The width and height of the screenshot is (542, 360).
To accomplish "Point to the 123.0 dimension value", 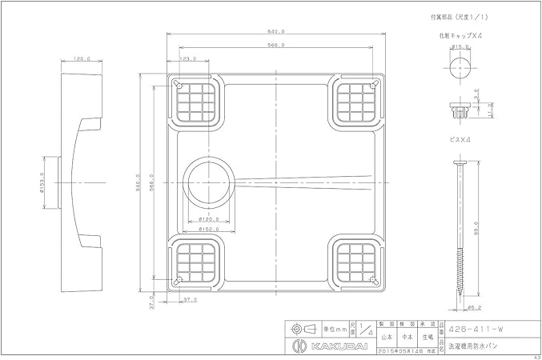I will tap(189, 58).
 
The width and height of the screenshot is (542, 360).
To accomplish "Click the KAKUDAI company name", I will tap(319, 344).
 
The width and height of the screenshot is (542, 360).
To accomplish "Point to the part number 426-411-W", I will tap(480, 326).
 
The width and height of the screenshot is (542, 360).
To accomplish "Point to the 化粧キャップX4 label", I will tap(460, 36).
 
